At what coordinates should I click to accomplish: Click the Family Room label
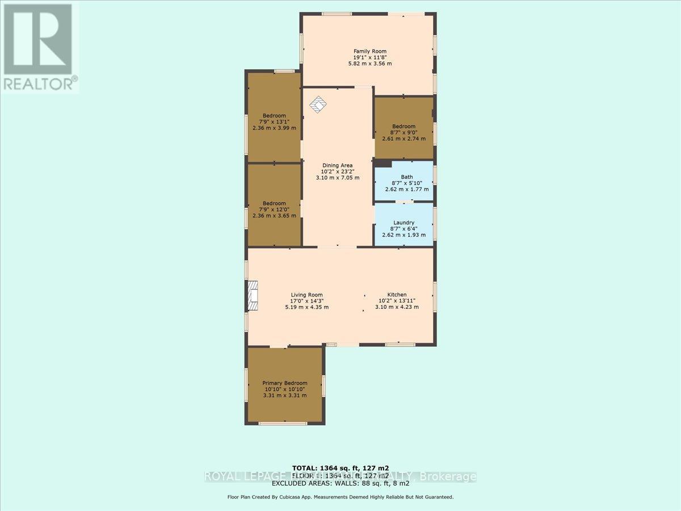(370, 52)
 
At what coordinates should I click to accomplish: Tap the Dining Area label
(338, 165)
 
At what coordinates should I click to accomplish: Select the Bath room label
(407, 177)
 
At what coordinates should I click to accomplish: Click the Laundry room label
(403, 223)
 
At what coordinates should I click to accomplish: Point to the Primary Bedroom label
(284, 383)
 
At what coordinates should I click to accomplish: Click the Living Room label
(306, 295)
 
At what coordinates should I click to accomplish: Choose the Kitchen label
(397, 295)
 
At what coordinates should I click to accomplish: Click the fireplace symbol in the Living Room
(253, 296)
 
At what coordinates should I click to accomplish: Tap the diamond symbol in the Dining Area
(318, 104)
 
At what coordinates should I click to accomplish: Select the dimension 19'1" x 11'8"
(370, 57)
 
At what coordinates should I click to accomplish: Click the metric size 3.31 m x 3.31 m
(284, 395)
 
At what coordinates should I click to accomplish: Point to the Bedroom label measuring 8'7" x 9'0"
(403, 127)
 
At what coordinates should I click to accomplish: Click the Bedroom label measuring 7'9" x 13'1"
(274, 115)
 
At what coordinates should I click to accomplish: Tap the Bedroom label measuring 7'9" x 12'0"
(274, 203)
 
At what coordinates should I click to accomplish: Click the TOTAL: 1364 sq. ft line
(340, 468)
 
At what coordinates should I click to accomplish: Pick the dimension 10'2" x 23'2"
(338, 171)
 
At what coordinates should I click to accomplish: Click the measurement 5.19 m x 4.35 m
(306, 307)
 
